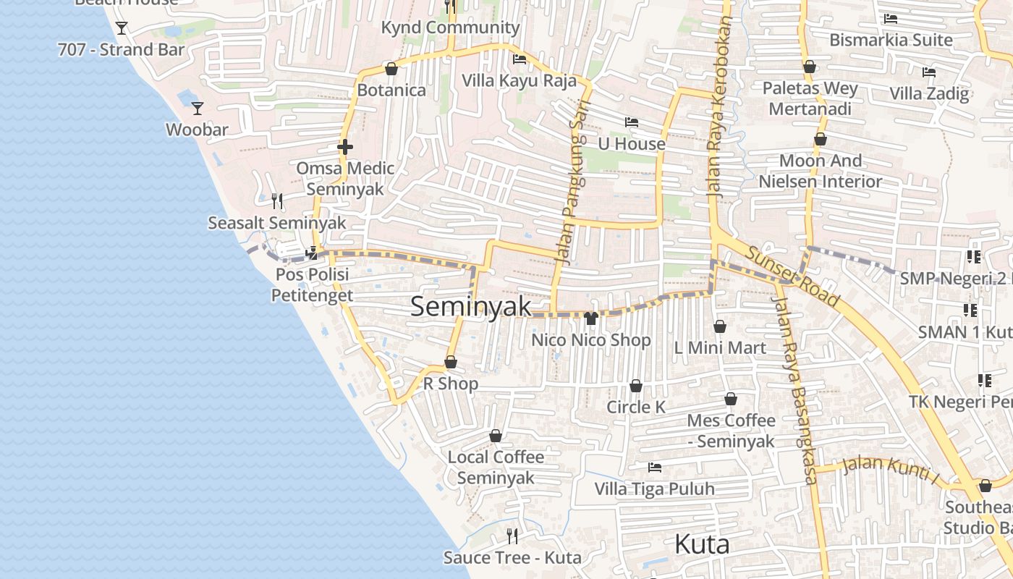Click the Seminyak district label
coord(470,306)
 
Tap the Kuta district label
coord(701,544)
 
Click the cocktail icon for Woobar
coord(197,109)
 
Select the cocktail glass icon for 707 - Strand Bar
coord(122,28)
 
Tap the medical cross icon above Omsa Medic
coord(345,147)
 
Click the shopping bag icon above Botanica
coord(391,69)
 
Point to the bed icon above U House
coord(632,122)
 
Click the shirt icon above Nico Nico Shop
coord(590,318)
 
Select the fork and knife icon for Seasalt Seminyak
coord(277,200)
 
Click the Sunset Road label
coord(792,276)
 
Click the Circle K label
coord(636,407)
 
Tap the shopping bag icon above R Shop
coord(451,362)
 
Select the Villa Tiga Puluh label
coord(654,489)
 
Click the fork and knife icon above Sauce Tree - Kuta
coord(512,536)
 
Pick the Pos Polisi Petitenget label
coord(312,284)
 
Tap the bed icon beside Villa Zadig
coord(929,72)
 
